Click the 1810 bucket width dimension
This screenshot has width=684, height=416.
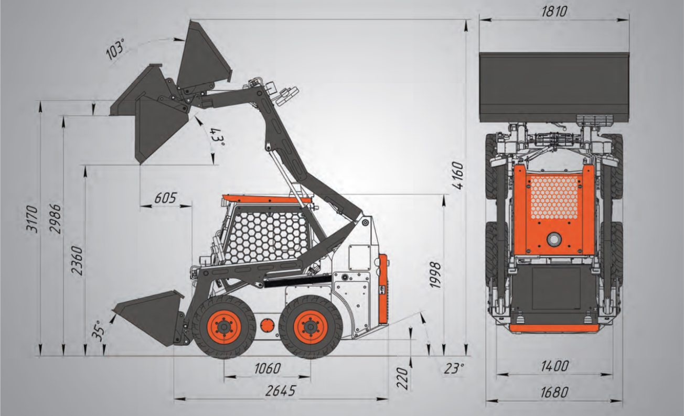click(x=554, y=12)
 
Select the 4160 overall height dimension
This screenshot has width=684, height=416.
click(x=458, y=176)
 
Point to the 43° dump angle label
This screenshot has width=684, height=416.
click(x=217, y=137)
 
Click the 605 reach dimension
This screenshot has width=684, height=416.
click(x=165, y=198)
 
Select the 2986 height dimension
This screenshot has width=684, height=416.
click(x=55, y=220)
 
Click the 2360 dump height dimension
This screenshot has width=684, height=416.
click(x=77, y=261)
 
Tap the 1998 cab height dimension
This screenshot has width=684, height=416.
click(x=435, y=275)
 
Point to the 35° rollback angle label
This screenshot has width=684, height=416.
click(x=98, y=331)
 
